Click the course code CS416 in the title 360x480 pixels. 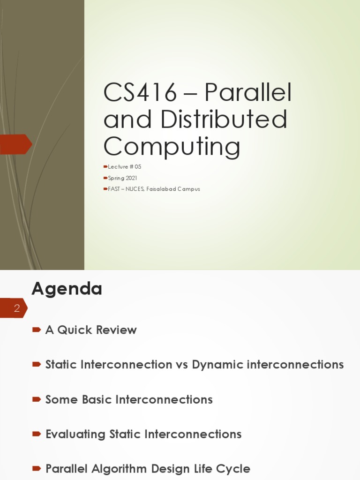point(140,93)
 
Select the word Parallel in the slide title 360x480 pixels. point(248,93)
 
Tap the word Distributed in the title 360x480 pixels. point(224,120)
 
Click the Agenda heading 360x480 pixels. point(67,288)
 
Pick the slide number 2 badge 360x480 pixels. point(16,308)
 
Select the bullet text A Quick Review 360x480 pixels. point(91,330)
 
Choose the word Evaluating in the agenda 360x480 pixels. point(75,434)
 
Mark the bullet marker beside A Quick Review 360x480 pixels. point(36,330)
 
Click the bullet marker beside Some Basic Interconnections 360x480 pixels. point(36,399)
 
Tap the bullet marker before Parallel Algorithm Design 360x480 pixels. point(36,469)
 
